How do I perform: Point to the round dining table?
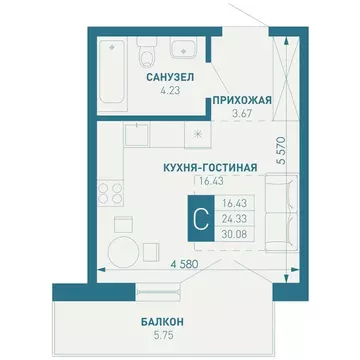(x=124, y=251)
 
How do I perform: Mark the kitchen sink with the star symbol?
(x=198, y=131)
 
